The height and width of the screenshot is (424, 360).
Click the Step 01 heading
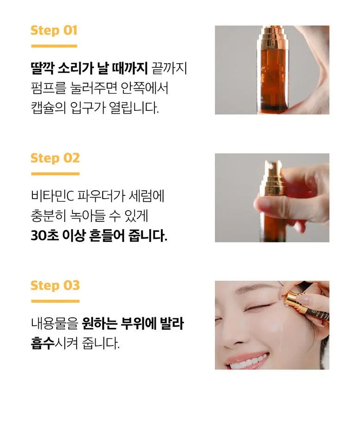pyautogui.click(x=54, y=30)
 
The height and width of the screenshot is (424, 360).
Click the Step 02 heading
pyautogui.click(x=55, y=158)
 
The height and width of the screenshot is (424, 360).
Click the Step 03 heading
pyautogui.click(x=55, y=285)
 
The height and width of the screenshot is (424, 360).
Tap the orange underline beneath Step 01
pyautogui.click(x=54, y=46)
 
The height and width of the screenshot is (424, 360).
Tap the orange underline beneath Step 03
pyautogui.click(x=55, y=301)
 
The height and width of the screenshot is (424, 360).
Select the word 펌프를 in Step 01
pyautogui.click(x=49, y=88)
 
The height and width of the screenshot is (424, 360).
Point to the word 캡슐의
pyautogui.click(x=49, y=108)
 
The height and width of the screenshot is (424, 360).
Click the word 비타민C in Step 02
pyautogui.click(x=52, y=196)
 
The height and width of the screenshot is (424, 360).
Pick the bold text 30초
pyautogui.click(x=43, y=236)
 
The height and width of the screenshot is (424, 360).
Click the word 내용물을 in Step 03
pyautogui.click(x=55, y=323)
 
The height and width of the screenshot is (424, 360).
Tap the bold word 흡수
pyautogui.click(x=43, y=343)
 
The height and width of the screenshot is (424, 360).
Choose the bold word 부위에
pyautogui.click(x=138, y=323)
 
